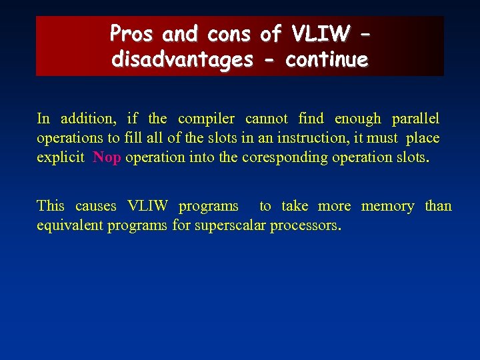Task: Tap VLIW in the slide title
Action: click(x=319, y=33)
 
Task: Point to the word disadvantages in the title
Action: click(x=182, y=60)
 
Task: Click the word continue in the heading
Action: click(x=327, y=60)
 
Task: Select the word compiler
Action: click(x=206, y=119)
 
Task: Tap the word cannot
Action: click(x=267, y=119)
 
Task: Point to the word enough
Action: click(x=357, y=119)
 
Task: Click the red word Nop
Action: click(x=107, y=157)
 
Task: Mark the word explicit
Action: click(x=61, y=157)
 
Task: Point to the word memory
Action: click(x=387, y=206)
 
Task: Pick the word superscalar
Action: click(x=230, y=225)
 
